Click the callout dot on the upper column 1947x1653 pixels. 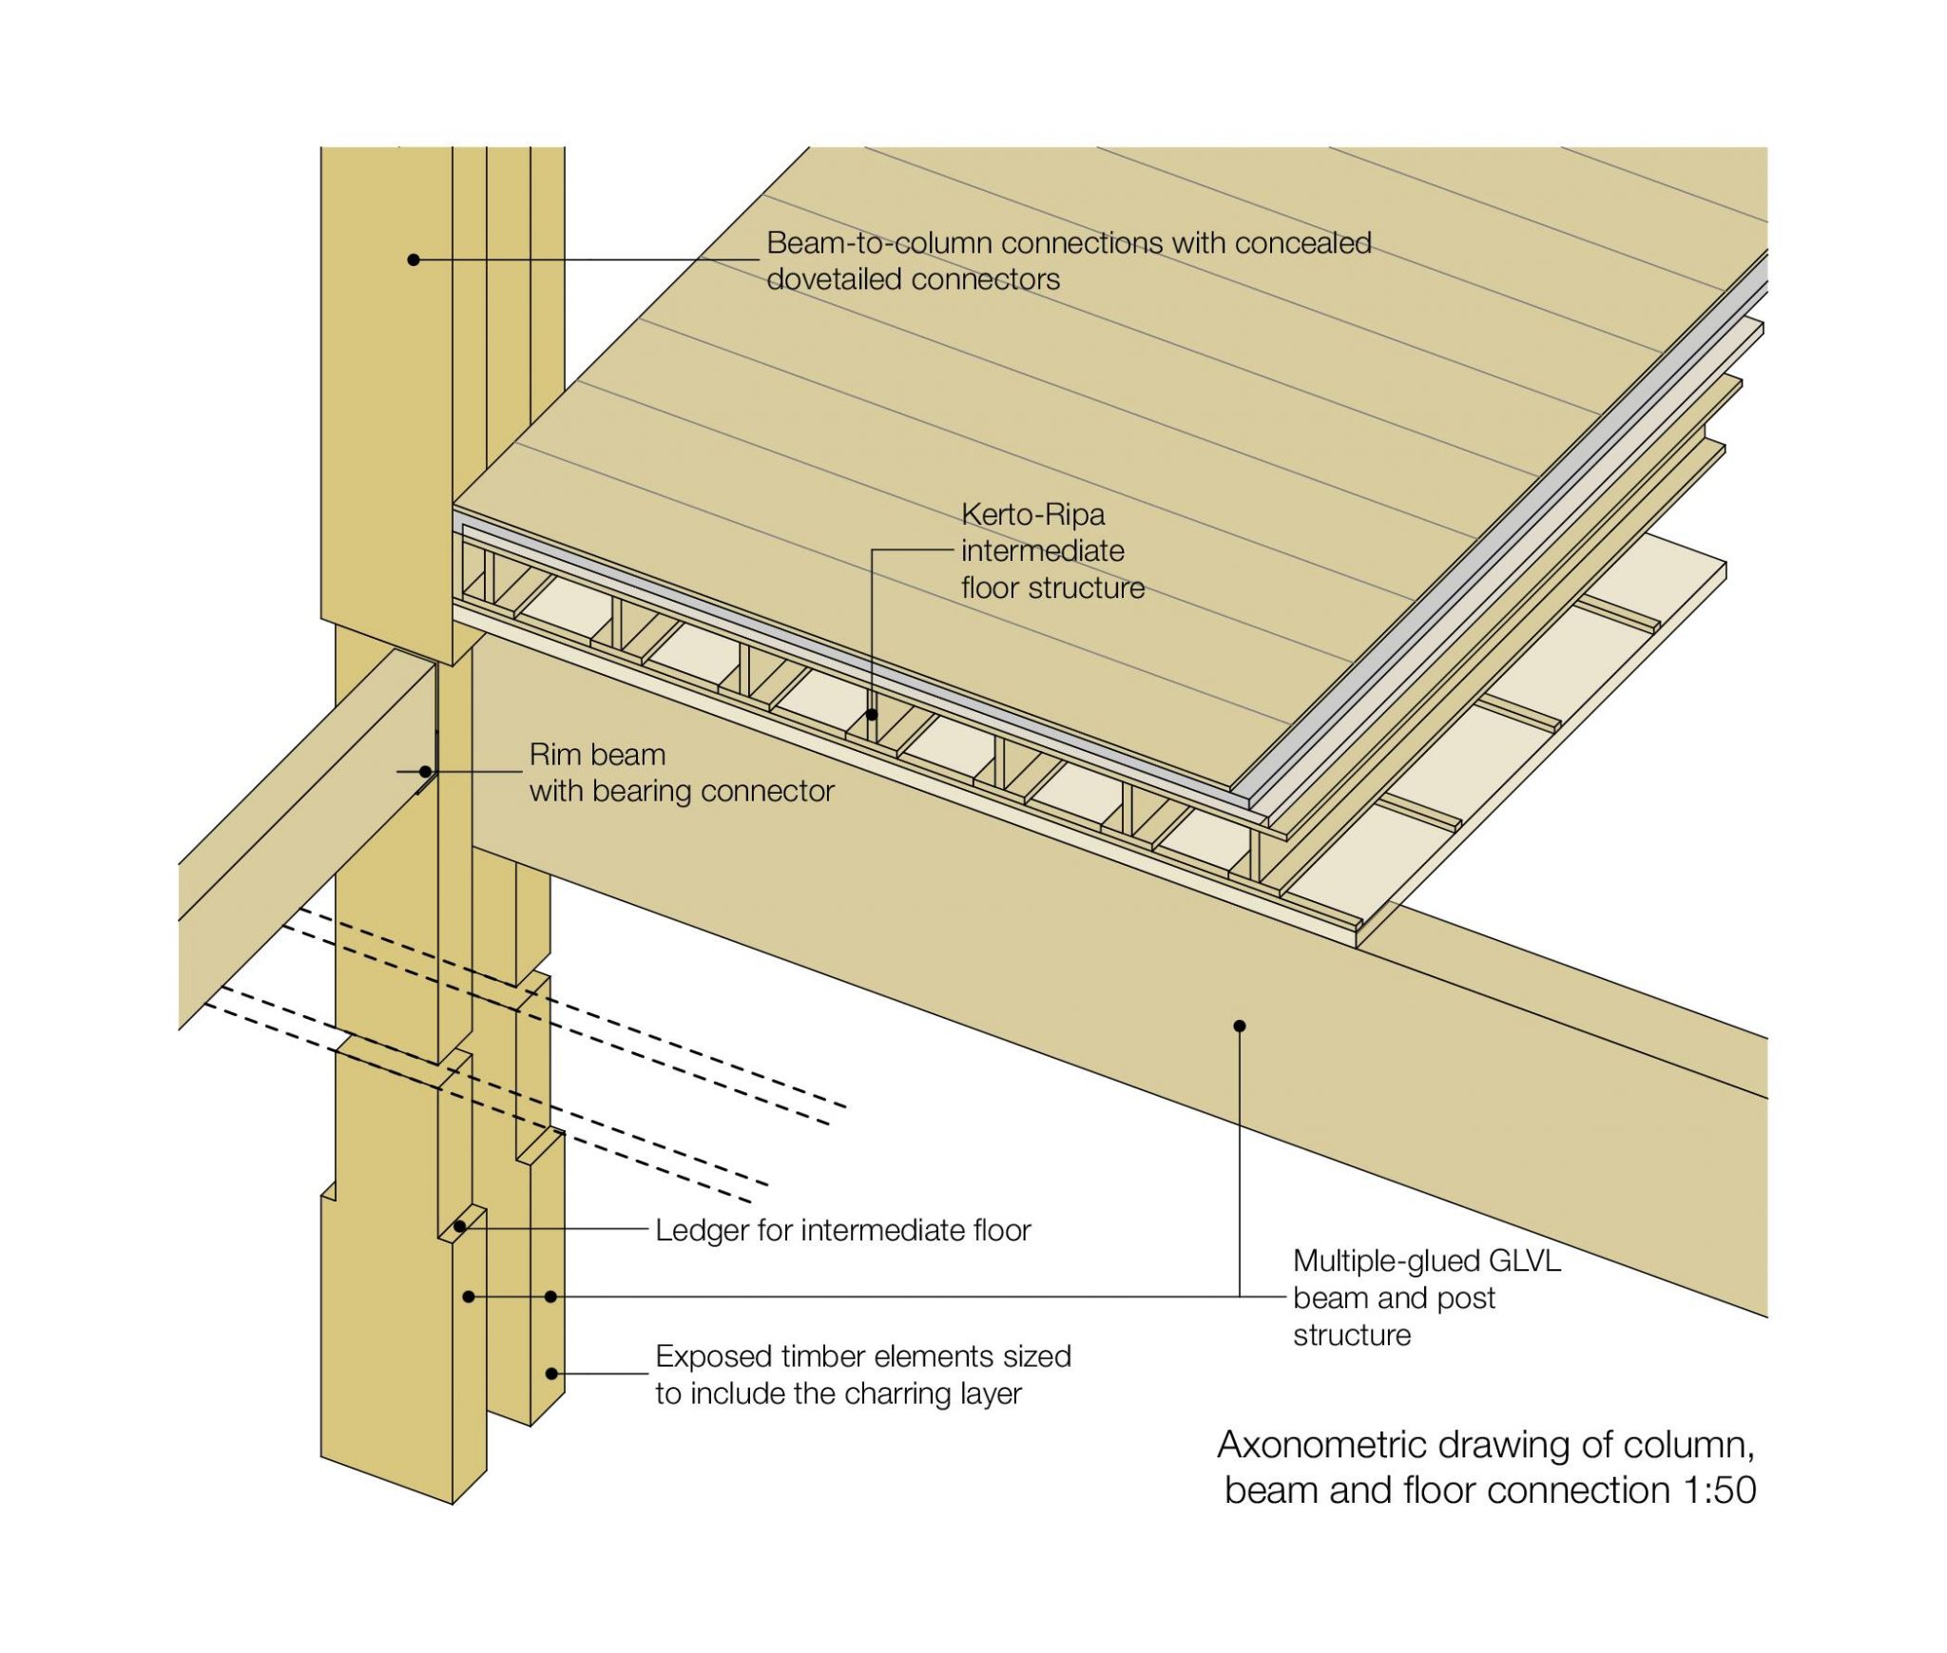point(414,259)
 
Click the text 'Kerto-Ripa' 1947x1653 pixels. point(1032,515)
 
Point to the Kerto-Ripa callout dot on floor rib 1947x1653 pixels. point(872,713)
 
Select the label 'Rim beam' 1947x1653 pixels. point(597,755)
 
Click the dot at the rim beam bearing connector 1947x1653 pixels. point(426,772)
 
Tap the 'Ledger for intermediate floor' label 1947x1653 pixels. point(842,1230)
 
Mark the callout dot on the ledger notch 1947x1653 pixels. point(459,1226)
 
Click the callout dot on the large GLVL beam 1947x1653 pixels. point(1240,1026)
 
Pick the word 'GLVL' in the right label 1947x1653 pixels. point(1524,1261)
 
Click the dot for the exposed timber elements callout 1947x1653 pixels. point(551,1374)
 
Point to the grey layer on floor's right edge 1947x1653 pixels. point(1502,532)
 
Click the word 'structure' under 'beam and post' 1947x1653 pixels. point(1351,1335)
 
